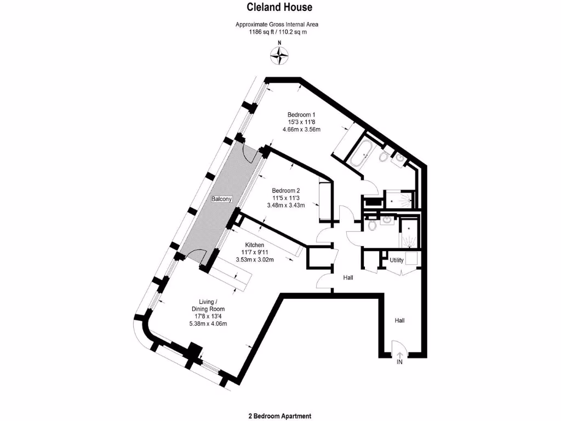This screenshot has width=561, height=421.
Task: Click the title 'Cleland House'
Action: click(279, 7)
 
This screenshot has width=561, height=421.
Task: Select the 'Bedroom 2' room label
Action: click(285, 191)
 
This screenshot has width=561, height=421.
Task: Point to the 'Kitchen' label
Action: click(255, 245)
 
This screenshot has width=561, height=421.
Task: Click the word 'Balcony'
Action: click(222, 199)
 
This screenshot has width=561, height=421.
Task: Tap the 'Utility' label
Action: click(397, 260)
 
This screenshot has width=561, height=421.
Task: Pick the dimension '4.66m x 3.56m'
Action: click(301, 130)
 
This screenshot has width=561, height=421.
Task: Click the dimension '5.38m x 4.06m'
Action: click(208, 323)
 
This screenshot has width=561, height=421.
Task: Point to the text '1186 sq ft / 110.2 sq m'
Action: click(277, 32)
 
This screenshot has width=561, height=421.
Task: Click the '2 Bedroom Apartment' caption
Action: click(279, 416)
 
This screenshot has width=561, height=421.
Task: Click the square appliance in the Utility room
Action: click(412, 259)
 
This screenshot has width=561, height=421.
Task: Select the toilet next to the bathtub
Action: click(384, 157)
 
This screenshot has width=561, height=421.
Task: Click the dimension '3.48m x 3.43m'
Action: click(285, 205)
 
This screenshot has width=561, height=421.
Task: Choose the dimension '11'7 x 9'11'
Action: click(255, 252)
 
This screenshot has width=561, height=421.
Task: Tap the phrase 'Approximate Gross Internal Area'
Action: click(277, 24)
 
